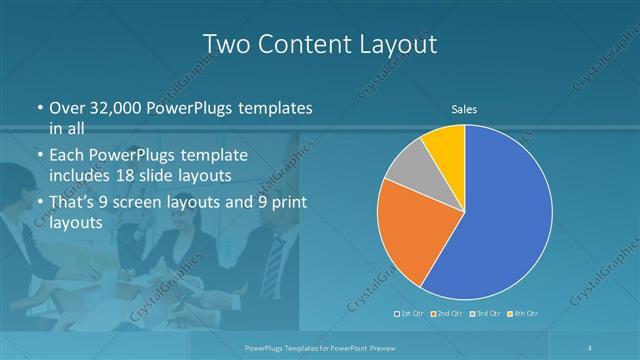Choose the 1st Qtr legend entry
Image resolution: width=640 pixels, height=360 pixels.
411,314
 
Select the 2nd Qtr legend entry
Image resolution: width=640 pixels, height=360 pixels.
447,314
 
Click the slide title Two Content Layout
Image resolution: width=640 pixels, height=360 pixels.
319,45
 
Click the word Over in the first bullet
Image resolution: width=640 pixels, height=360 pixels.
66,108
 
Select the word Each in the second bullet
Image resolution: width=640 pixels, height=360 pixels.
67,156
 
